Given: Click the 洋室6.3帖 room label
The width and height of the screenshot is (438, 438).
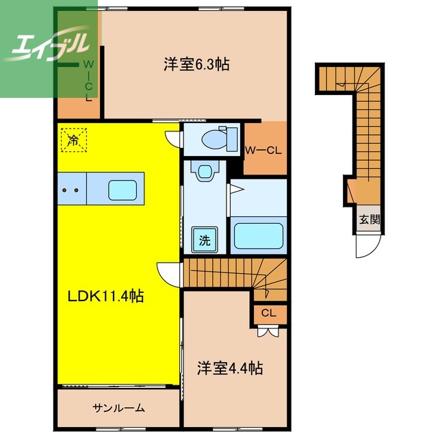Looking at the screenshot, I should [196, 65].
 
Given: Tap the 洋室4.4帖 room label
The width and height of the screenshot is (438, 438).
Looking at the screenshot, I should [230, 368].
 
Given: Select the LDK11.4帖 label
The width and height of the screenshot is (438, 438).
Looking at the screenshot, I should [105, 296].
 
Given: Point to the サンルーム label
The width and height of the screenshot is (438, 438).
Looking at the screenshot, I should [118, 409].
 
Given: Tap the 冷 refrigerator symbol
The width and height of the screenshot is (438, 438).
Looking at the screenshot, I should [72, 141].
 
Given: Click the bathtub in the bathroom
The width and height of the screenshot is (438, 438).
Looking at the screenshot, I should [258, 235].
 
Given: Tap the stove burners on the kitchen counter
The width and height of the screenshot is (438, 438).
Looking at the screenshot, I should [72, 188].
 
